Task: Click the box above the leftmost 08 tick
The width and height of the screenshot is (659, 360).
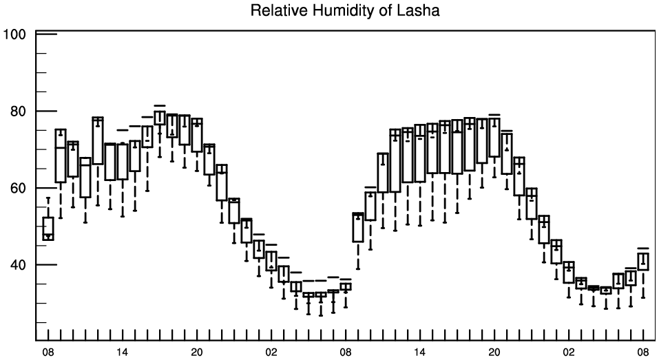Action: coord(48,228)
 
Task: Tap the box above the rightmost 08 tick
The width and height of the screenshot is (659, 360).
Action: coord(643,262)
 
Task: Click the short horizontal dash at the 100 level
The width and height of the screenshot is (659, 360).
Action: coord(46,34)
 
